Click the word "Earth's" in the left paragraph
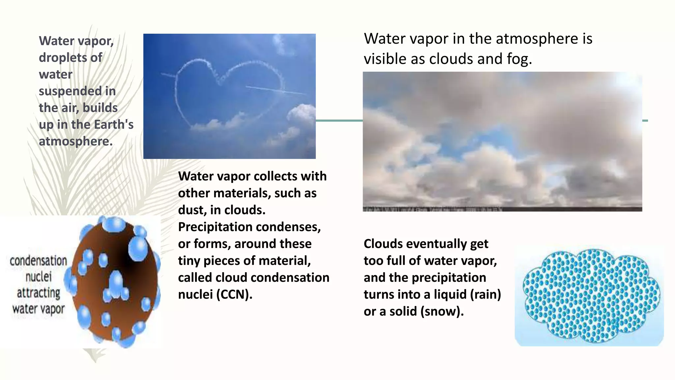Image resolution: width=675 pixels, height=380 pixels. [x=114, y=125]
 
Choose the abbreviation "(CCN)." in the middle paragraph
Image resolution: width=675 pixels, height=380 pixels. [x=234, y=294]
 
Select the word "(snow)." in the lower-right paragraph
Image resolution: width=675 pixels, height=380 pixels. [x=442, y=311]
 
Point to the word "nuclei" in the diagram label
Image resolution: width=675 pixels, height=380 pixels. [x=39, y=276]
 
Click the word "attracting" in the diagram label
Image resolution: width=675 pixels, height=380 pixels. [x=39, y=293]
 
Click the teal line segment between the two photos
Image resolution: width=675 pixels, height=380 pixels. [x=339, y=121]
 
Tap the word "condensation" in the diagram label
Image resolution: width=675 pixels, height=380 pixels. [x=38, y=261]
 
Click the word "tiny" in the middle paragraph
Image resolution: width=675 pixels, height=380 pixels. [x=189, y=261]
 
